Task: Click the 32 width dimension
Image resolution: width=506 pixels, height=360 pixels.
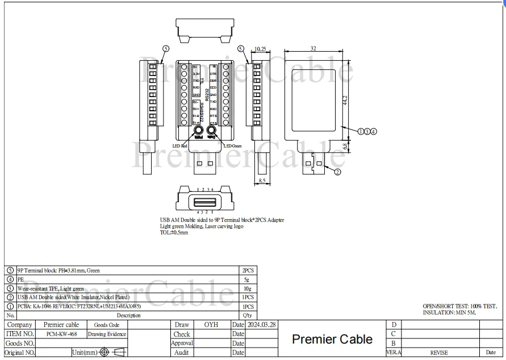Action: tap(313, 49)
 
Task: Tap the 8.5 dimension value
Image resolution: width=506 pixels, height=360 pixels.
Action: tap(261, 181)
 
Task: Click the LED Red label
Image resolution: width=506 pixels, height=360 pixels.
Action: tap(181, 146)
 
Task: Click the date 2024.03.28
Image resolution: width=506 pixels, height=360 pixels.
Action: tap(262, 325)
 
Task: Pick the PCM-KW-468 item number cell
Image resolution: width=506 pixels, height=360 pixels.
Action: tap(61, 334)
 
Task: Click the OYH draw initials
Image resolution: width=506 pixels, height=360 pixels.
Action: tap(211, 325)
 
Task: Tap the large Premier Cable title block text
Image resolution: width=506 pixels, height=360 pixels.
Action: tap(332, 339)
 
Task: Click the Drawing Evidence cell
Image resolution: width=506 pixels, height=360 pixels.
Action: tap(107, 334)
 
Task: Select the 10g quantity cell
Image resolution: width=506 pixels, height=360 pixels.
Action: tap(248, 288)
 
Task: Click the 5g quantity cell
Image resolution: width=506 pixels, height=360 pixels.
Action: tap(248, 279)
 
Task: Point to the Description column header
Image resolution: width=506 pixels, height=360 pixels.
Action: tap(128, 315)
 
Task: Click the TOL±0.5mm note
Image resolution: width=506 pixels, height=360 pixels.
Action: tap(174, 233)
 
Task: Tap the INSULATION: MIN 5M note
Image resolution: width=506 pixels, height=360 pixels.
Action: tap(450, 312)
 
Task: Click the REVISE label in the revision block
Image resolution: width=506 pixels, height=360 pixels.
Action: tap(439, 353)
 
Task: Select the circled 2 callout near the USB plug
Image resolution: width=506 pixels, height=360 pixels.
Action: tap(337, 171)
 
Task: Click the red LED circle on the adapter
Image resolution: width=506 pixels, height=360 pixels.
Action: tap(199, 132)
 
